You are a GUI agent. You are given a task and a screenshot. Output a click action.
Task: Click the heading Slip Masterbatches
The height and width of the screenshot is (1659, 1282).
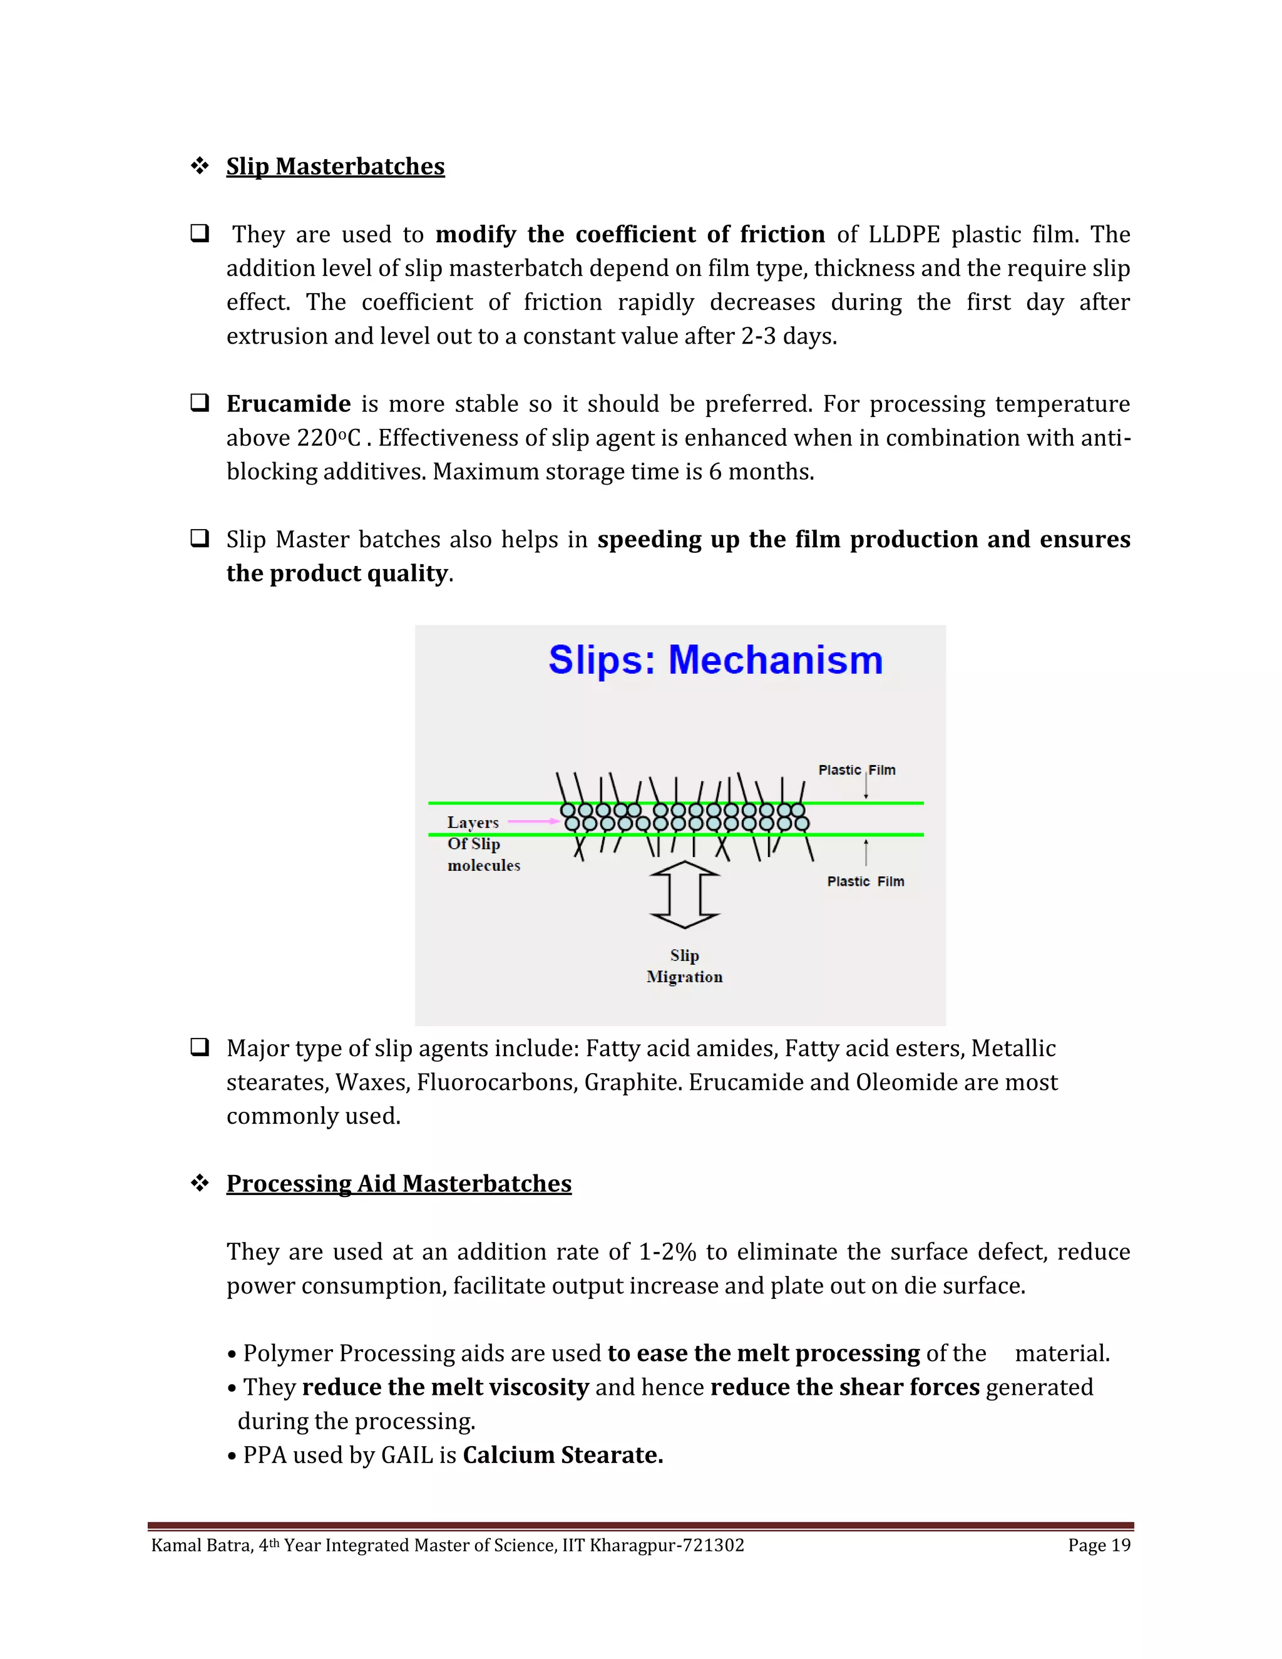(335, 167)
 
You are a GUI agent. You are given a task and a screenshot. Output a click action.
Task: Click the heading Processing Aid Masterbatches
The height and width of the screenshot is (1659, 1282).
(399, 1183)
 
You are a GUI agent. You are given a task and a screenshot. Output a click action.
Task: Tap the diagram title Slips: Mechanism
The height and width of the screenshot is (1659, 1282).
(715, 659)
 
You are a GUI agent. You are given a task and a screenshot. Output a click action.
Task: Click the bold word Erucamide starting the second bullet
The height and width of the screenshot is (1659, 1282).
(289, 403)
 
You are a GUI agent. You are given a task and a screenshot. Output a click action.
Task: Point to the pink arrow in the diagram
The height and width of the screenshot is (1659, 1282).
(533, 821)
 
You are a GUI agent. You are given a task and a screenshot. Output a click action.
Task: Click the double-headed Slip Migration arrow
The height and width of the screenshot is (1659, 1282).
(684, 894)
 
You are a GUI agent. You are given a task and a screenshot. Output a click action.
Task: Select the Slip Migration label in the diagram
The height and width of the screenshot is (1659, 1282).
(684, 966)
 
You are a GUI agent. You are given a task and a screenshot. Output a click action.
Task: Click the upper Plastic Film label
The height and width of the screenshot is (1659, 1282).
(857, 770)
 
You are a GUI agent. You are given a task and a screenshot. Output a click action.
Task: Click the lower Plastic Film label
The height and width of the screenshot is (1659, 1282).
(865, 881)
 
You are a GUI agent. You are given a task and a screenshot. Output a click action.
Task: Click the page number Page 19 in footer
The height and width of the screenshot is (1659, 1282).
(1099, 1545)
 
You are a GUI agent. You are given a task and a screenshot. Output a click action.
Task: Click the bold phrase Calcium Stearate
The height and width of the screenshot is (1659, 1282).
(563, 1455)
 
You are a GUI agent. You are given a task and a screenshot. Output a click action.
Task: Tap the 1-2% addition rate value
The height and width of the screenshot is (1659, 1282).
(667, 1252)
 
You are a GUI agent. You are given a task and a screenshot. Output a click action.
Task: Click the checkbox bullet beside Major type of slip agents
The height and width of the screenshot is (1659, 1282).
(200, 1047)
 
